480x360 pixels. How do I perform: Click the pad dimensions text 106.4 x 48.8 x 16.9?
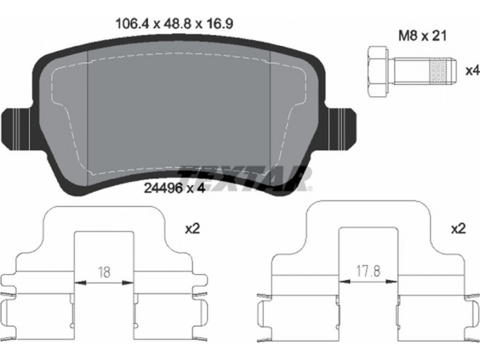tap(174, 24)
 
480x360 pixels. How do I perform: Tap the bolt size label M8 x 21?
tap(422, 36)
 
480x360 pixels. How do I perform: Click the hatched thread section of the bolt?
tap(439, 71)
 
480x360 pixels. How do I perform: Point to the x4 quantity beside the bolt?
tap(472, 71)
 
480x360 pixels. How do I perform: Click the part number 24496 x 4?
tap(174, 188)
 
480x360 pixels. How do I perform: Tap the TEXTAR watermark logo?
tap(245, 178)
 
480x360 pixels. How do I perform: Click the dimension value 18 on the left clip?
tap(104, 272)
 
